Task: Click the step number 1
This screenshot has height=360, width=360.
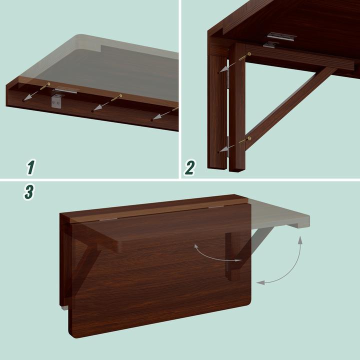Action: [x=30, y=167]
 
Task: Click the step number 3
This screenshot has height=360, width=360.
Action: [x=29, y=192]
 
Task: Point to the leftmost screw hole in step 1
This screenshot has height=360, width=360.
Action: [x=23, y=100]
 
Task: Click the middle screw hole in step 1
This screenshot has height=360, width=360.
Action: [x=93, y=111]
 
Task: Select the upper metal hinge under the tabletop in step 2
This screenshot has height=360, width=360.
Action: [x=281, y=36]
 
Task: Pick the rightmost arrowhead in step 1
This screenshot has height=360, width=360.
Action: [x=155, y=119]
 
